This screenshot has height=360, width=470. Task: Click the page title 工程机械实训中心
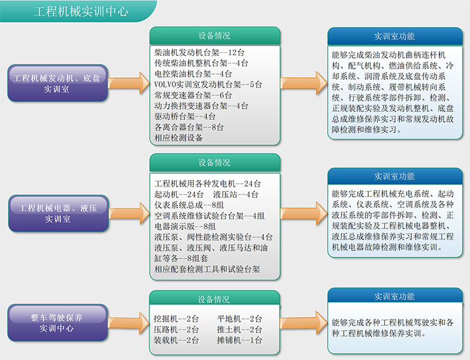tap(81, 11)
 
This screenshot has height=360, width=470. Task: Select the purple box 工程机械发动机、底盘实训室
tap(58, 83)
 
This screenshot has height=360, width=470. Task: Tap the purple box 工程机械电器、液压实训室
tap(58, 213)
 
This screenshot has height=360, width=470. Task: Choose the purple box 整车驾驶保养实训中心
tap(58, 323)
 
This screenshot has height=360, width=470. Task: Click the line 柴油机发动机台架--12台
tap(199, 53)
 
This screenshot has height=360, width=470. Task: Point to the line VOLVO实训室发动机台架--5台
tap(208, 85)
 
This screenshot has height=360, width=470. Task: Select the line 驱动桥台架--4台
tap(185, 117)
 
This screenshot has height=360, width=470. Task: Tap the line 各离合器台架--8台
tap(189, 127)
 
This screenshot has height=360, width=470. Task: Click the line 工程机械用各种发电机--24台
tap(207, 183)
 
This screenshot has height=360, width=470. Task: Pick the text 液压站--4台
tap(236, 194)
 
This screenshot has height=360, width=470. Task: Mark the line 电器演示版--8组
tap(185, 226)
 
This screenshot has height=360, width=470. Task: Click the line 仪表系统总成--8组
tap(189, 205)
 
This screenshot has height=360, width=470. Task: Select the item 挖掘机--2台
tap(176, 319)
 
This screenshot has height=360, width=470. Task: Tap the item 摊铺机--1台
tap(240, 340)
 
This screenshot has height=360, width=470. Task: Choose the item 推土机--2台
tap(240, 329)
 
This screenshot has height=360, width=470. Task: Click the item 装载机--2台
tap(176, 340)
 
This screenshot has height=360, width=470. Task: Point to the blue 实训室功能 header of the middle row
tap(395, 176)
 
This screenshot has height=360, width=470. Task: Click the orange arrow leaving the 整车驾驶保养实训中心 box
tap(128, 323)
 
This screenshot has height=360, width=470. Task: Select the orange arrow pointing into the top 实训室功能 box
tap(304, 83)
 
